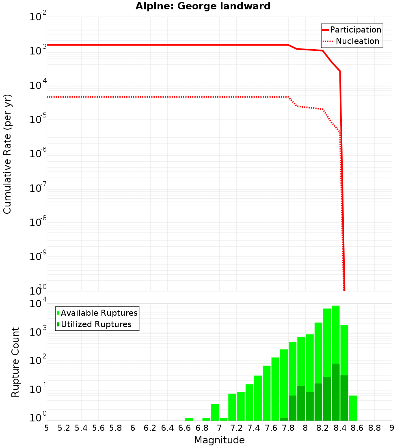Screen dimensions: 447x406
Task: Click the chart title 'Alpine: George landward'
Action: click(x=203, y=6)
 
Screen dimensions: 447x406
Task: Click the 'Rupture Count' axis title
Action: click(x=15, y=362)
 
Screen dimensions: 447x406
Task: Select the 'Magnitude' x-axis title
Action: click(x=219, y=440)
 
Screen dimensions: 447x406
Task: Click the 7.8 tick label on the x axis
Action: click(x=288, y=428)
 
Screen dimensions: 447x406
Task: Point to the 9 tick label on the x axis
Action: click(x=392, y=428)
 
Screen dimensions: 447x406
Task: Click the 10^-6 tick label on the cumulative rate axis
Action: click(x=39, y=152)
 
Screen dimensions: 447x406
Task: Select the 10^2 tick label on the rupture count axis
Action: click(x=39, y=360)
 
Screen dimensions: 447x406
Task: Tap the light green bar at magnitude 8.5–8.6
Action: click(x=353, y=408)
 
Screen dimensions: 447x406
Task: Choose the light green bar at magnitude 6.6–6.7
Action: click(x=189, y=419)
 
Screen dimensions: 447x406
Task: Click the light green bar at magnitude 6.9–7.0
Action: click(x=215, y=412)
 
